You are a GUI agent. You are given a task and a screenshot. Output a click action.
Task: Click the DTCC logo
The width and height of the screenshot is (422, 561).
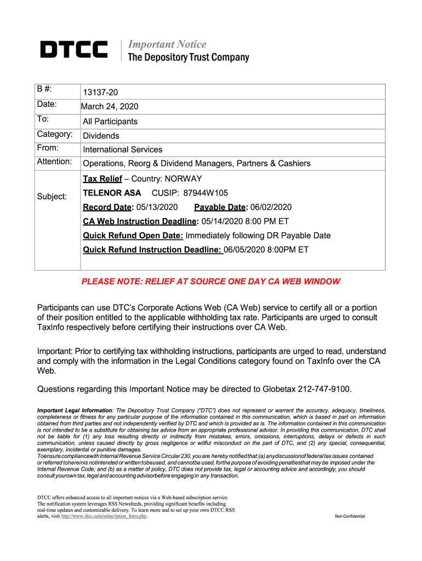pyautogui.click(x=73, y=50)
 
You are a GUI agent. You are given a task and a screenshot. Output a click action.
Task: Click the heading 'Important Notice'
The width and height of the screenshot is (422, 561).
pyautogui.click(x=167, y=44)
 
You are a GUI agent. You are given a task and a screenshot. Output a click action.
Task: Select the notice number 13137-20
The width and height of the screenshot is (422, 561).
pyautogui.click(x=100, y=93)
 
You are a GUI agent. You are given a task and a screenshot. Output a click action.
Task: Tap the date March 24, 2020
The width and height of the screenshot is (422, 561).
pyautogui.click(x=110, y=106)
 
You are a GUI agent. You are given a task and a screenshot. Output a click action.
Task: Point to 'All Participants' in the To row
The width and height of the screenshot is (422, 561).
pyautogui.click(x=110, y=121)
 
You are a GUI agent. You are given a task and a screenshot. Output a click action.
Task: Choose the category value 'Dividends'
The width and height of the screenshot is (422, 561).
pyautogui.click(x=101, y=135)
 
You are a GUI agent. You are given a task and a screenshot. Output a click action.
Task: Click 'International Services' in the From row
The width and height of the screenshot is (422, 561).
pyautogui.click(x=123, y=149)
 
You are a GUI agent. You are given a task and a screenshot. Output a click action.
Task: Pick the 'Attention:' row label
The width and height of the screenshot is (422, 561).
pyautogui.click(x=54, y=162)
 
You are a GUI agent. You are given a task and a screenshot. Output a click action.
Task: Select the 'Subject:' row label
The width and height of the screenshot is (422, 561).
pyautogui.click(x=52, y=196)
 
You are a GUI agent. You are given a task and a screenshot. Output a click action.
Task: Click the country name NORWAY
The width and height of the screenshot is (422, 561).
pyautogui.click(x=185, y=179)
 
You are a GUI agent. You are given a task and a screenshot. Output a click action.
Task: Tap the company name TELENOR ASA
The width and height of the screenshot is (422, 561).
pyautogui.click(x=112, y=193)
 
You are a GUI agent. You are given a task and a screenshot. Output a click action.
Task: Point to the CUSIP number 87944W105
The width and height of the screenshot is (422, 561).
pyautogui.click(x=205, y=193)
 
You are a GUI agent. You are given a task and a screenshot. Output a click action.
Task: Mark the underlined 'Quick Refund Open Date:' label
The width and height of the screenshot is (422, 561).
pyautogui.click(x=133, y=236)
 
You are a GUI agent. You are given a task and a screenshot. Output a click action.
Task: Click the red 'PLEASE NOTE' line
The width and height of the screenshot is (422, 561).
pyautogui.click(x=211, y=282)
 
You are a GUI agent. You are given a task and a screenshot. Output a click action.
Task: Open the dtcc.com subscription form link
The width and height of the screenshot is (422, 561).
pyautogui.click(x=104, y=516)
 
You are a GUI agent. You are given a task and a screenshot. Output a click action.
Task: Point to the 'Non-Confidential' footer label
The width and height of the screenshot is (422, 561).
pyautogui.click(x=350, y=517)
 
